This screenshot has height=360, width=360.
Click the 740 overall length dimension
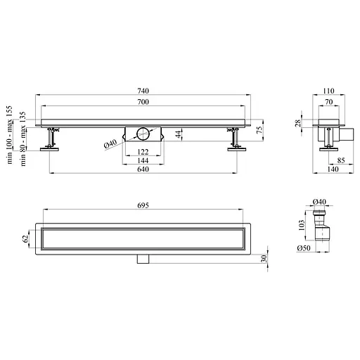click(143, 91)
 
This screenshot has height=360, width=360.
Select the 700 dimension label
click(143, 102)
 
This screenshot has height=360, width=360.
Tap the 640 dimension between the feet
click(143, 169)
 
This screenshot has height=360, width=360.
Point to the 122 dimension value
click(143, 152)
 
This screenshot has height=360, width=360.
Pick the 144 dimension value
click(143, 160)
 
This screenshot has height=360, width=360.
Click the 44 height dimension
click(179, 134)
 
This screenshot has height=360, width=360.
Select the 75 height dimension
click(259, 130)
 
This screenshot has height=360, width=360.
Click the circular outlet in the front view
click(143, 134)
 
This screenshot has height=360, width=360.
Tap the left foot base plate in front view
click(49, 149)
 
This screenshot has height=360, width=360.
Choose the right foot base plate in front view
click(237, 149)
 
